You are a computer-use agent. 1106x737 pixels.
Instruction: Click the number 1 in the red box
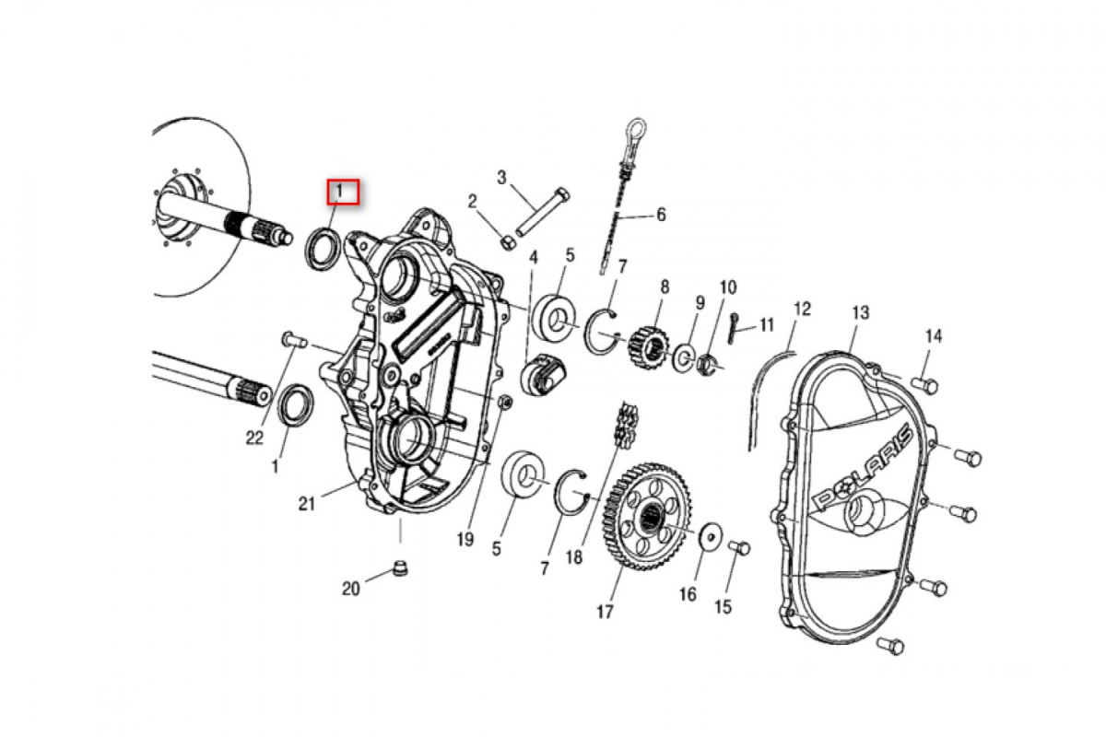[x=340, y=193]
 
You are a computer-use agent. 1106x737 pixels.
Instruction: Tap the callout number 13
[x=860, y=313]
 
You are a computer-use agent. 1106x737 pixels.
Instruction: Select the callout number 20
[x=351, y=589]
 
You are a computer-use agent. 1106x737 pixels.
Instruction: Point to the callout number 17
[x=605, y=611]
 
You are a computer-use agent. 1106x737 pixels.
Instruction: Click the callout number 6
[x=660, y=216]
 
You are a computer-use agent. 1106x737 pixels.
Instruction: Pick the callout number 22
[x=254, y=439]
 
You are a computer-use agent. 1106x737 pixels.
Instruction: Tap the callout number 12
[x=801, y=308]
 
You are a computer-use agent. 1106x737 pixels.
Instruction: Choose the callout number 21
[x=307, y=502]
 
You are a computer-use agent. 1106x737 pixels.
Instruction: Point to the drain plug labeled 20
[x=399, y=568]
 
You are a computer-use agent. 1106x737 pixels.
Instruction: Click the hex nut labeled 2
[x=506, y=241]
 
